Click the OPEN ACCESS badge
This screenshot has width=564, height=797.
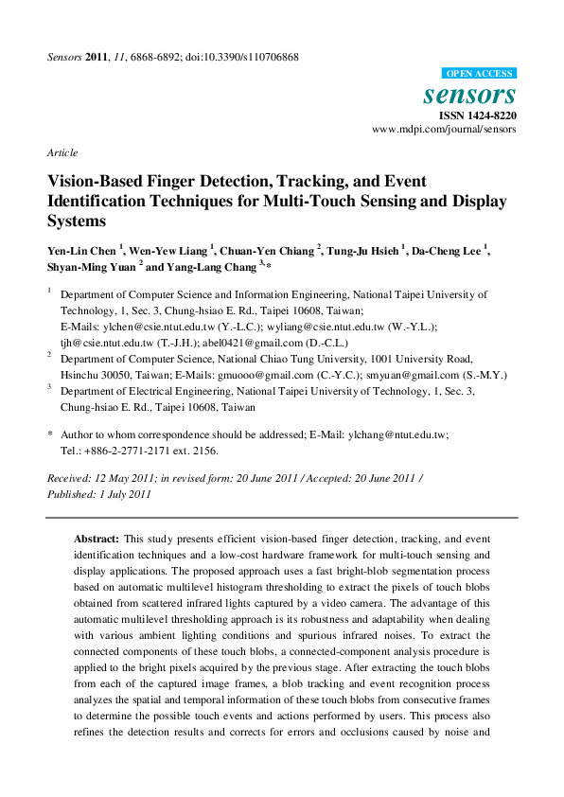pyautogui.click(x=479, y=73)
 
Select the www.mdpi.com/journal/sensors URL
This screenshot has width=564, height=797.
pyautogui.click(x=444, y=129)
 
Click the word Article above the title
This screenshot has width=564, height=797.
pyautogui.click(x=62, y=152)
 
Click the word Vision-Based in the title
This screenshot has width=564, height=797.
pyautogui.click(x=99, y=181)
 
